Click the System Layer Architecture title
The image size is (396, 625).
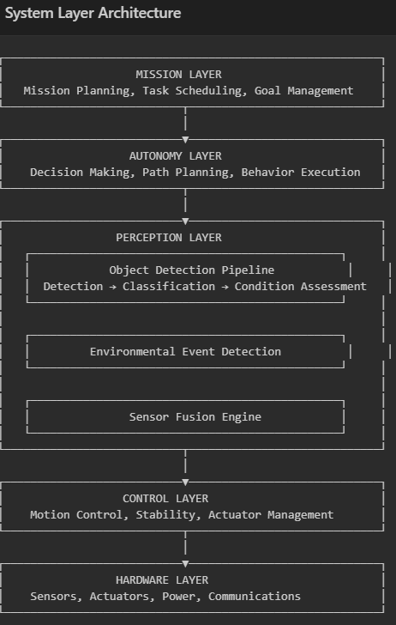[x=93, y=13]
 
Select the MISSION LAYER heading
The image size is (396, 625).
[x=178, y=75]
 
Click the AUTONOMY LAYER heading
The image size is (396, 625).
[x=176, y=156]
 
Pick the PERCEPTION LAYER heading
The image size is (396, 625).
[x=169, y=238]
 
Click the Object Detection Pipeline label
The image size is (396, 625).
[x=192, y=270]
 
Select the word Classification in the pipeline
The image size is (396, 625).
[x=169, y=287]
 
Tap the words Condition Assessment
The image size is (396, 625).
[x=301, y=287]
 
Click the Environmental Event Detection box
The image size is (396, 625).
[x=185, y=352]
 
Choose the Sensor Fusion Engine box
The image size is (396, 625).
[x=185, y=416]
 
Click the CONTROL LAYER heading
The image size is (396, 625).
[x=165, y=499]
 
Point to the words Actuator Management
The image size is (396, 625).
[x=271, y=515]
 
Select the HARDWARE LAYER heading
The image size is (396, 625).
[x=162, y=580]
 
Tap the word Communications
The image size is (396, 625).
[x=255, y=597]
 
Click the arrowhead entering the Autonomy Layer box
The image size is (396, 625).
[x=185, y=139]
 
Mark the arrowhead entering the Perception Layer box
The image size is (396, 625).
[x=185, y=221]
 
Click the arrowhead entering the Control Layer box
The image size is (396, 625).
[x=185, y=482]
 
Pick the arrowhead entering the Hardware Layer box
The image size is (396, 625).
[x=185, y=564]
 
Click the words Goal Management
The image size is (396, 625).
[x=304, y=91]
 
